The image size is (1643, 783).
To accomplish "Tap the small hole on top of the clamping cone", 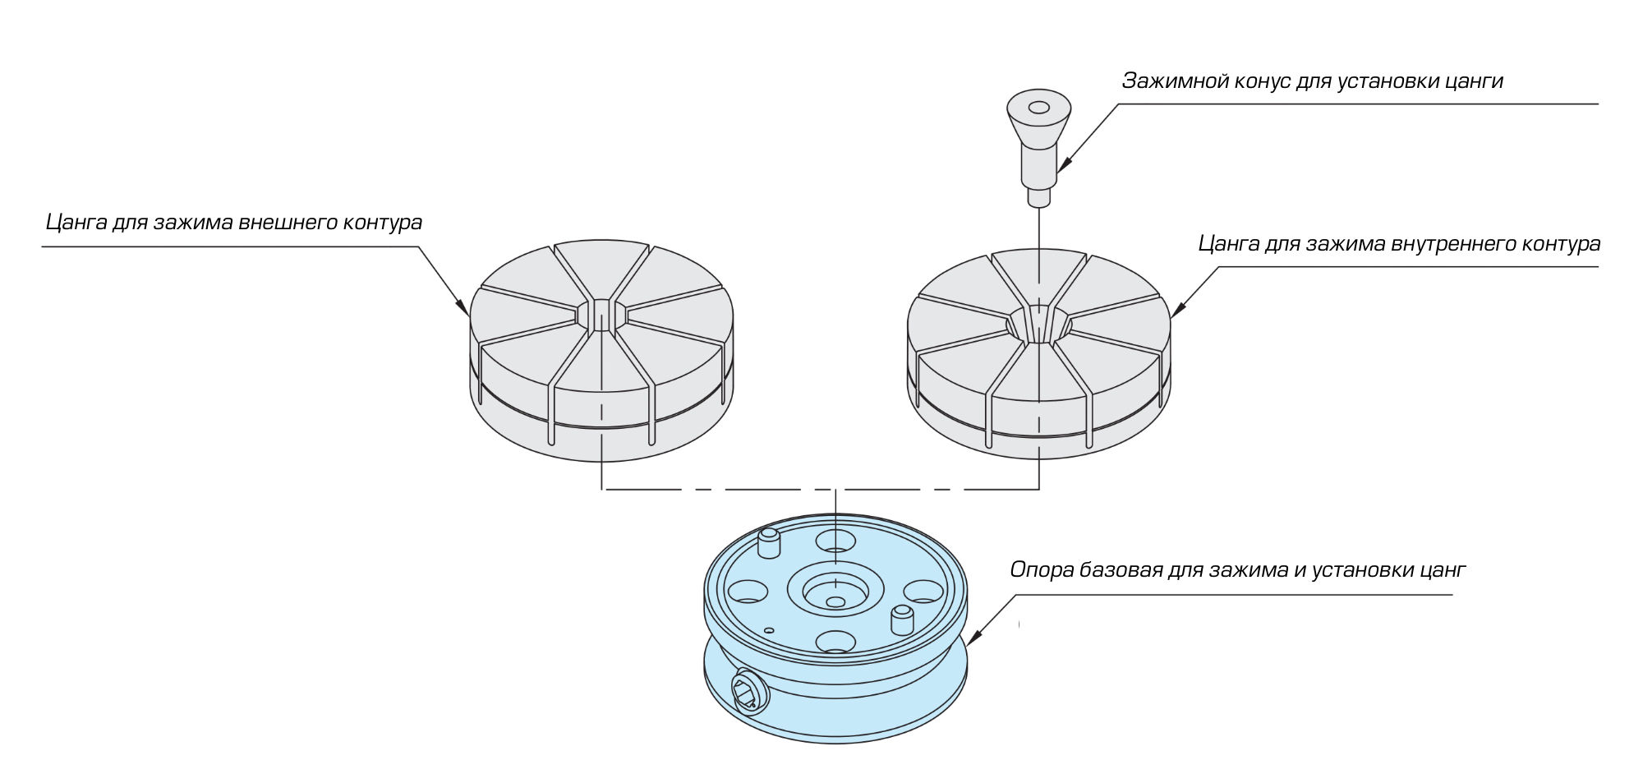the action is point(1038,108).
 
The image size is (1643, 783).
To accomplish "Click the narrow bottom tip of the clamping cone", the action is point(1039,197).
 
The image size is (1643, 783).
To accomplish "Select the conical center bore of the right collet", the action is point(1039,325).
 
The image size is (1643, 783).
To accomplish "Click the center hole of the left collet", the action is point(602,316).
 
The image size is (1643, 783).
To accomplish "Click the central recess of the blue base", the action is point(835,589).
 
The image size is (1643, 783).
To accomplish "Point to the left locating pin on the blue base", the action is point(768,543).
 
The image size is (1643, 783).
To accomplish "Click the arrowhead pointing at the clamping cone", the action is point(1063,165).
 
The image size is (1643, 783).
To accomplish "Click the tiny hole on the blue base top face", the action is point(768,631).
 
